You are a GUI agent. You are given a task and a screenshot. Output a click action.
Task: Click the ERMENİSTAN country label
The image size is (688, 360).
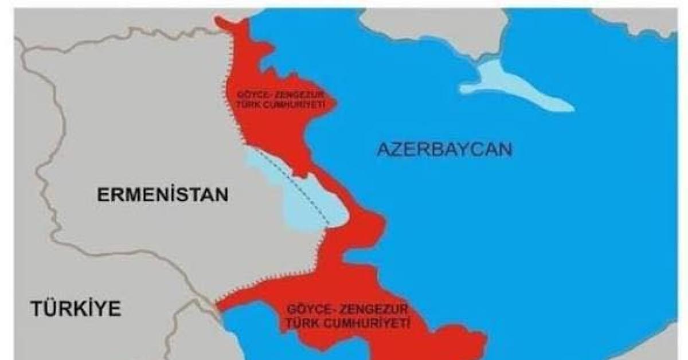[163, 195]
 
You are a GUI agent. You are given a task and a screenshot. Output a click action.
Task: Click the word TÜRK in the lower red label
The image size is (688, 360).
[302, 324]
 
